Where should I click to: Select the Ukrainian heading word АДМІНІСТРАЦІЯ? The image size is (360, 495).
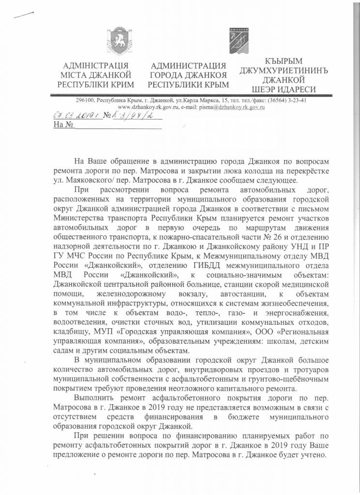click(96, 66)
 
